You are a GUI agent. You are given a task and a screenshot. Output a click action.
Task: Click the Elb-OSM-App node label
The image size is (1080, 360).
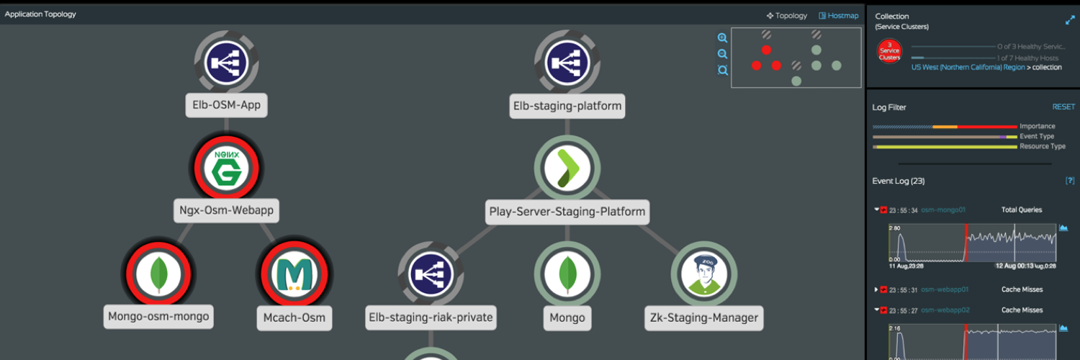pos(226,106)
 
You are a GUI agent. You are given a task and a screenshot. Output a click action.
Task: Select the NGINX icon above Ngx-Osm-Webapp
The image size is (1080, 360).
pos(226,168)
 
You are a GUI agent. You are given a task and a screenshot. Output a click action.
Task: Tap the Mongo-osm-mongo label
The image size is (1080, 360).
pos(158,316)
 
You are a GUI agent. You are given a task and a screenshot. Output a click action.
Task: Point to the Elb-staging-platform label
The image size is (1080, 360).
pos(567,106)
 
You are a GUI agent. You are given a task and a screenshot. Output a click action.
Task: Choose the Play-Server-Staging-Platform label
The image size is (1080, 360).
pos(567,212)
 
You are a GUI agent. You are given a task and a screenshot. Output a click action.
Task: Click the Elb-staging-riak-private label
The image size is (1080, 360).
pos(431,317)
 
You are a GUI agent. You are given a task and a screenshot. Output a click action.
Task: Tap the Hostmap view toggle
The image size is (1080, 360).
pos(839,15)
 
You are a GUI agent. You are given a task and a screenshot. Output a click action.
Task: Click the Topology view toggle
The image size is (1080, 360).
pos(787,15)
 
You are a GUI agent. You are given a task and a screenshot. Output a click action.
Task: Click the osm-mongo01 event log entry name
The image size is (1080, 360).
pos(943,210)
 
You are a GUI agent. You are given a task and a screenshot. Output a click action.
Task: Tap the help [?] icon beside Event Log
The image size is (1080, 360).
pos(1070,181)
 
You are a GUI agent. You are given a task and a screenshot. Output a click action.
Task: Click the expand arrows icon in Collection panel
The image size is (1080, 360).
pos(1070,21)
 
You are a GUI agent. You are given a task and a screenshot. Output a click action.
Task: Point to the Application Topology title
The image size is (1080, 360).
pos(40,14)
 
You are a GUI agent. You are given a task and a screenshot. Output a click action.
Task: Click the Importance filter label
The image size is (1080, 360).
pos(1038,127)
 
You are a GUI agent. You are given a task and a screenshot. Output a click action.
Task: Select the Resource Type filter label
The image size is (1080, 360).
pos(1043,146)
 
